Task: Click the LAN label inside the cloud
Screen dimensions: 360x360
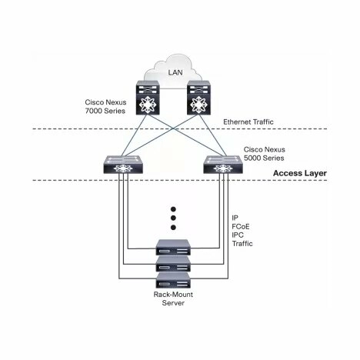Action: tap(175, 72)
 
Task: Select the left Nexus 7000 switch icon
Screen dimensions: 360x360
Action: tap(148, 98)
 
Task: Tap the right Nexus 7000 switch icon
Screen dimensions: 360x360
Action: tap(198, 98)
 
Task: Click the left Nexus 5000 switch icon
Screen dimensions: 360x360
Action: tap(123, 165)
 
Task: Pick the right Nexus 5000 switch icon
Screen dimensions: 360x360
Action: tap(223, 165)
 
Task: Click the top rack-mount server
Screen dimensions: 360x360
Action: tap(173, 247)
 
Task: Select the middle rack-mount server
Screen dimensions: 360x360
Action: tap(173, 264)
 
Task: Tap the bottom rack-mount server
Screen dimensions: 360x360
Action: tap(173, 280)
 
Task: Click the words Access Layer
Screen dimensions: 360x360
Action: tap(300, 173)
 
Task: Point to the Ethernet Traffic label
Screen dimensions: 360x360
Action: tap(248, 122)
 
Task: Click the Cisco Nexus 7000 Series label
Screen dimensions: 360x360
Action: tap(105, 106)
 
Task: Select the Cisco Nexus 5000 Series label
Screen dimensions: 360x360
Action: tap(264, 154)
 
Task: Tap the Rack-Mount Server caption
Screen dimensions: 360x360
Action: tap(173, 298)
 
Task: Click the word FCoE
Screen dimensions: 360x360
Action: tap(241, 226)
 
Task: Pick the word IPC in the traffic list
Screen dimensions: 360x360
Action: tap(238, 235)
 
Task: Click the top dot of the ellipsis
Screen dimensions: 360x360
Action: tap(173, 209)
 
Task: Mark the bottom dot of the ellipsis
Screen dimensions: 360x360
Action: tap(173, 227)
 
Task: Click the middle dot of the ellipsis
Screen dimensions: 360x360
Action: tap(173, 218)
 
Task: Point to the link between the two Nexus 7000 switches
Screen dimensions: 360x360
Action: tap(173, 89)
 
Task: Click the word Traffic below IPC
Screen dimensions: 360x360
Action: tap(242, 243)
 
